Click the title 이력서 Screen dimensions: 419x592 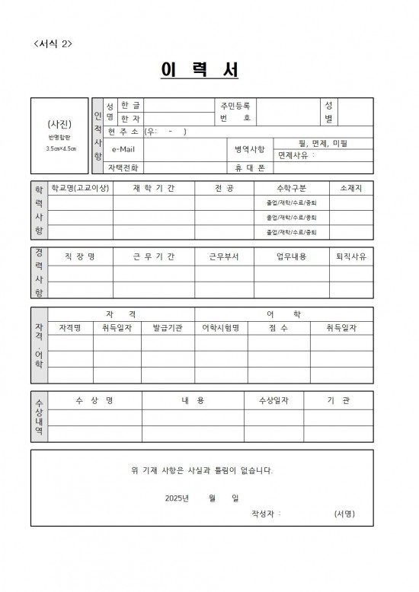pos(200,69)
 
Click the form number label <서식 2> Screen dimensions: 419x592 pos(53,43)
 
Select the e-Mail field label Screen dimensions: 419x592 pos(123,149)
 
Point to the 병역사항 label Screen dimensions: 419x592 pos(249,149)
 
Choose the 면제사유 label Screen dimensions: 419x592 pos(296,154)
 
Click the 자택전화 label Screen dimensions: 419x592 pos(123,167)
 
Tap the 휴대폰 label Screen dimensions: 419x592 pos(249,167)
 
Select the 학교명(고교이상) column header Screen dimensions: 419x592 pos(80,188)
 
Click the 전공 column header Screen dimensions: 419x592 pos(225,188)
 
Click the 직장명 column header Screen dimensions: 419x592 pos(80,256)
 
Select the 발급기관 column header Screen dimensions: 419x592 pos(168,328)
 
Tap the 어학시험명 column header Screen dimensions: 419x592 pos(220,328)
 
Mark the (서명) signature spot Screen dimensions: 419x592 pos(344,514)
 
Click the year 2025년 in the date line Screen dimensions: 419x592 pos(177,498)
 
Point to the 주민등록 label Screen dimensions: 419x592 pos(235,105)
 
